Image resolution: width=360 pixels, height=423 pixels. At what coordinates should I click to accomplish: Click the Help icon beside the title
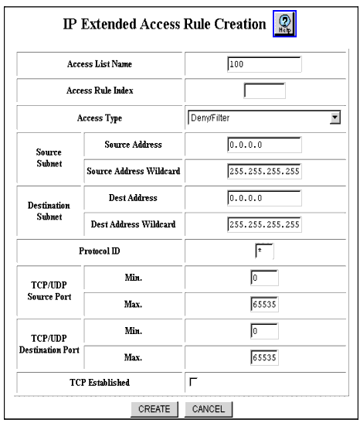pos(284,24)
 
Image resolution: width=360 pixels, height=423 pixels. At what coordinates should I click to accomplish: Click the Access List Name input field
pos(264,64)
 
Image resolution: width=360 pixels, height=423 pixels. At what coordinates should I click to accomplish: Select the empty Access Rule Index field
pos(264,90)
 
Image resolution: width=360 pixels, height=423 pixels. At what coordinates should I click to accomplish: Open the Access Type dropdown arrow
pos(335,118)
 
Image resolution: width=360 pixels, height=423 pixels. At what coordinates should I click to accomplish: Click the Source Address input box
pos(264,145)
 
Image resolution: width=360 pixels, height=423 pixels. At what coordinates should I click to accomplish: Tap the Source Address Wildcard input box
pos(264,171)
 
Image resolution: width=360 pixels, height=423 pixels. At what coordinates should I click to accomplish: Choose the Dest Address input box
pos(264,198)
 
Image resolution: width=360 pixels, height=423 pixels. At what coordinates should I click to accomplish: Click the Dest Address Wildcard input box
pos(264,224)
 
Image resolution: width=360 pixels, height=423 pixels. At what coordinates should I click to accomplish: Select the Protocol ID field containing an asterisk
pos(264,251)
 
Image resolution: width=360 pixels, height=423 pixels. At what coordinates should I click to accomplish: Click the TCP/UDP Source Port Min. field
pos(264,278)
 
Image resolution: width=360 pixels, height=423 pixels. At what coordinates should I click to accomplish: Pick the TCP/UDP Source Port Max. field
pos(264,305)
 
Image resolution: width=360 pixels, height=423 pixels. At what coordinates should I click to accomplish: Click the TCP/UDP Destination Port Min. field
pos(264,331)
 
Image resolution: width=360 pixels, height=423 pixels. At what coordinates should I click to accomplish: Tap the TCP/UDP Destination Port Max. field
pos(264,357)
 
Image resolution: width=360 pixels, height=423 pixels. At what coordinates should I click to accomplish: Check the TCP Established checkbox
pos(193,382)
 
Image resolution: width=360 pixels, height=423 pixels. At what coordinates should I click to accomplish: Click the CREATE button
pos(155,409)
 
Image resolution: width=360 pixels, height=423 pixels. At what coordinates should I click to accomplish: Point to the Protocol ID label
pos(100,251)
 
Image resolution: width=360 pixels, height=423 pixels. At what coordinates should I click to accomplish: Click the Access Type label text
pos(100,118)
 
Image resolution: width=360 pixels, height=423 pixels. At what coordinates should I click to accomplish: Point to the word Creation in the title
pos(240,24)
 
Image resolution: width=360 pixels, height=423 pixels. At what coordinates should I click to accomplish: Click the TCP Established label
pos(100,382)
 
